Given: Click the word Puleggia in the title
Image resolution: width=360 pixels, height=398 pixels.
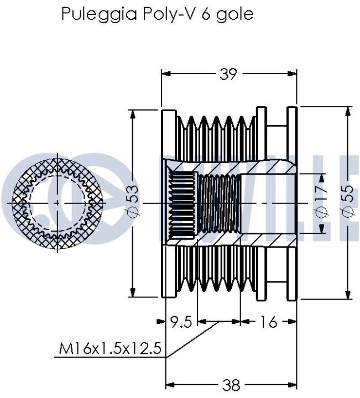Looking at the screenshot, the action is coord(100,14).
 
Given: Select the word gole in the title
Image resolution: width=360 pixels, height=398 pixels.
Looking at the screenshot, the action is coord(235,15).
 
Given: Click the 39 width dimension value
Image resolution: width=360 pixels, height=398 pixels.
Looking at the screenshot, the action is coord(228,74).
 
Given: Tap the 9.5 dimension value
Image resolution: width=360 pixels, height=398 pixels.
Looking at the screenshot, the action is coord(180,322).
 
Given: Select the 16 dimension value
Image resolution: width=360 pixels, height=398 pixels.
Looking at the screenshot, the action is coord(268,322).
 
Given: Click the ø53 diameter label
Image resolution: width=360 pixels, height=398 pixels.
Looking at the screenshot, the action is coord(133,201).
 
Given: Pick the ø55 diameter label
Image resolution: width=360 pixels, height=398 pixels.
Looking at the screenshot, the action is coord(348,201).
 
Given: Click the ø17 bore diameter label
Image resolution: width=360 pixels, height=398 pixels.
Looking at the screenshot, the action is coord(320,202).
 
